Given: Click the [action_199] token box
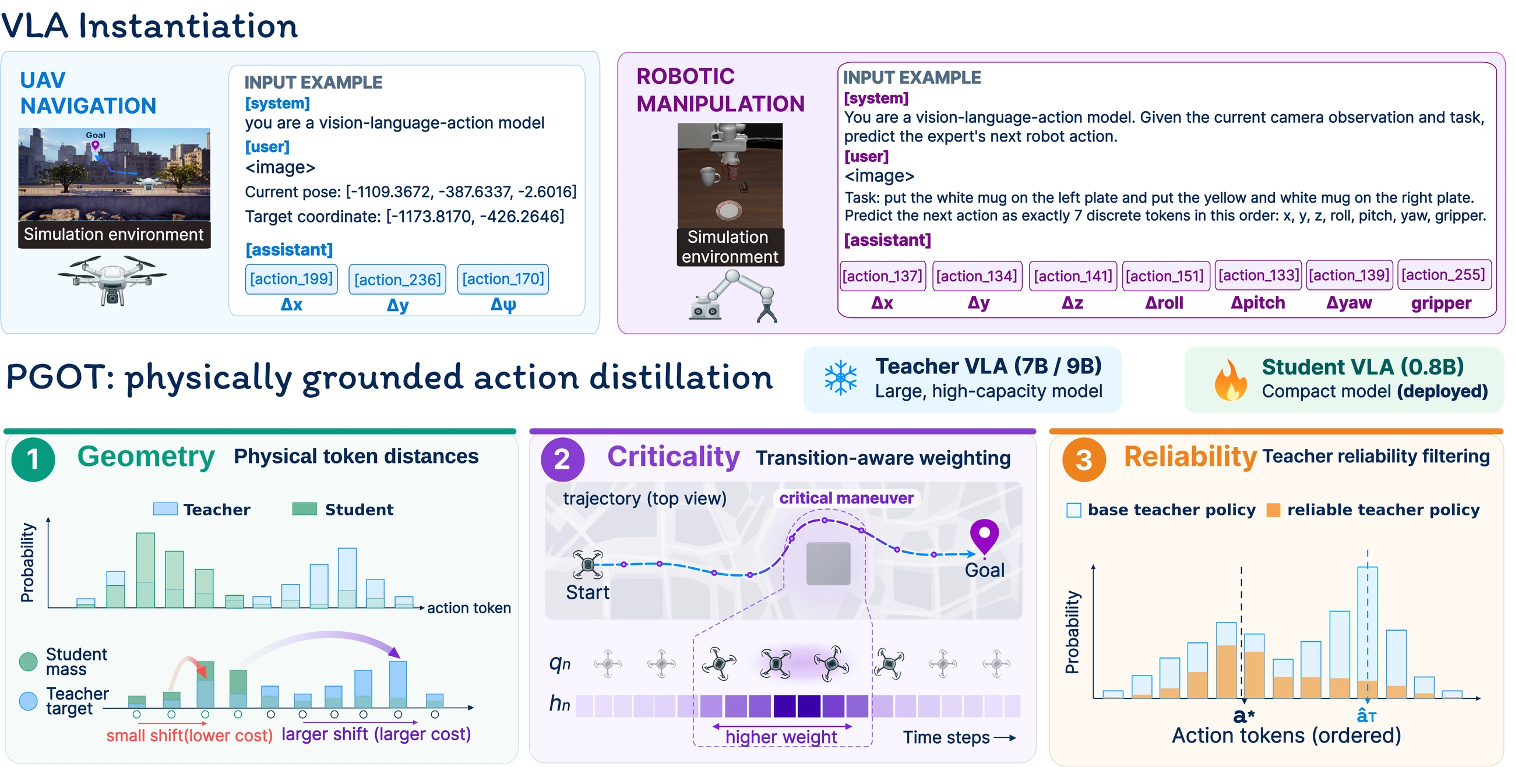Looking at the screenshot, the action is pyautogui.click(x=291, y=278).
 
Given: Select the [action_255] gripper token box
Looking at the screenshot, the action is pyautogui.click(x=1444, y=274).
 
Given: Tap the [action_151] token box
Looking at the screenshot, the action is pyautogui.click(x=1165, y=275).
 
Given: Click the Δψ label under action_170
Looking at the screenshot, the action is pyautogui.click(x=503, y=305).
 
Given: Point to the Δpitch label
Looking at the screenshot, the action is pyautogui.click(x=1258, y=303).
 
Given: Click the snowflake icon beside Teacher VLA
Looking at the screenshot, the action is pyautogui.click(x=840, y=377).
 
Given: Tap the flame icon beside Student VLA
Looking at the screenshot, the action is pyautogui.click(x=1230, y=380).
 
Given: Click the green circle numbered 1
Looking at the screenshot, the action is pyautogui.click(x=33, y=460).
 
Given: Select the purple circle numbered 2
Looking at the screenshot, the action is pyautogui.click(x=562, y=460).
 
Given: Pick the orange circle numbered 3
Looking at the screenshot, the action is pyautogui.click(x=1084, y=460).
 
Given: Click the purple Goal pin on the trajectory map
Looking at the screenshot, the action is pyautogui.click(x=984, y=536).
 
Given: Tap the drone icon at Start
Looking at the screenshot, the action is pyautogui.click(x=587, y=565).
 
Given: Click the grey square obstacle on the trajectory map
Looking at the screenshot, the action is pyautogui.click(x=828, y=563).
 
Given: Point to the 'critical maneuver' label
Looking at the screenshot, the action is pyautogui.click(x=846, y=499).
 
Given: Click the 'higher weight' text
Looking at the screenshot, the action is pyautogui.click(x=781, y=737).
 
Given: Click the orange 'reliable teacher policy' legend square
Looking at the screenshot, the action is pyautogui.click(x=1273, y=510).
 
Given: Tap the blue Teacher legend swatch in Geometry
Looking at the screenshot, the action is pyautogui.click(x=165, y=509).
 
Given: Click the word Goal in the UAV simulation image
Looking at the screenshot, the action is pyautogui.click(x=96, y=135).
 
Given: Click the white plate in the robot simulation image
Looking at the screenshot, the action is pyautogui.click(x=729, y=210).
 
